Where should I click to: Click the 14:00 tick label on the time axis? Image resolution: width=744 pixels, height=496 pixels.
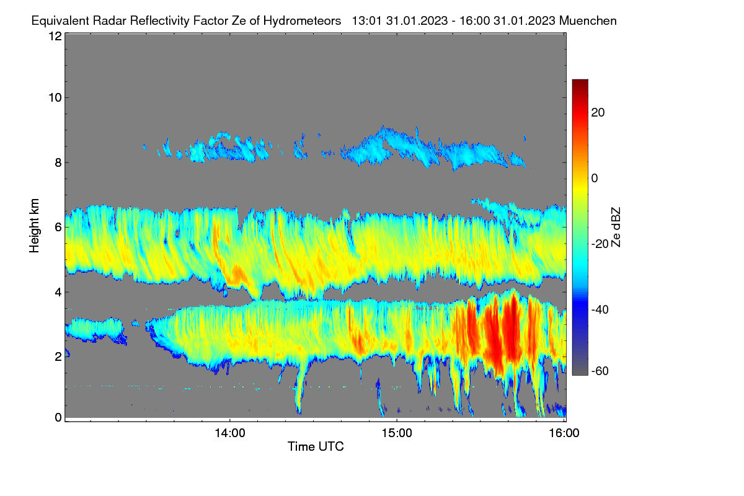click(230, 433)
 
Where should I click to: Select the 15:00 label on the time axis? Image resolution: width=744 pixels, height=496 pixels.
click(397, 433)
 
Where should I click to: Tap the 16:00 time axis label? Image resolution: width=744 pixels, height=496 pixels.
click(564, 433)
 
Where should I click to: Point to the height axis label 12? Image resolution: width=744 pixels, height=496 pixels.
click(55, 36)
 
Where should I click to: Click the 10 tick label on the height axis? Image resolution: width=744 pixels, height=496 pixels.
click(55, 98)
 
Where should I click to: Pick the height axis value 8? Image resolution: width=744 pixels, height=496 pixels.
click(58, 162)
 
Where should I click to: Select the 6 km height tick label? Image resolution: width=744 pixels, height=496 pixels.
click(58, 228)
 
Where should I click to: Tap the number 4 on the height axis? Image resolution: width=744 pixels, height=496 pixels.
click(58, 293)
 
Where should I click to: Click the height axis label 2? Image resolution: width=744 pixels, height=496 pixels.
click(58, 356)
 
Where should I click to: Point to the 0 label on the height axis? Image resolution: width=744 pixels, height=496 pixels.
click(58, 417)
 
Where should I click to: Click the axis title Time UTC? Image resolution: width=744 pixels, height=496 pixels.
click(316, 446)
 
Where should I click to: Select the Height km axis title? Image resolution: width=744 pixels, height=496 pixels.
click(34, 226)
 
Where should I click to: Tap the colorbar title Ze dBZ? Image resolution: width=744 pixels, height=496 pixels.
click(616, 228)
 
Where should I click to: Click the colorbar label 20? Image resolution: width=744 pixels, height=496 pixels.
click(598, 113)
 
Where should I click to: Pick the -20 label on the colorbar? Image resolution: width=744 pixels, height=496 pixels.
click(600, 244)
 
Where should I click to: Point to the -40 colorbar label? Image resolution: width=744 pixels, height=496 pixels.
click(600, 309)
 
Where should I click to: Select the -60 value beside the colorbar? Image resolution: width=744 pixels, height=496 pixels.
click(600, 371)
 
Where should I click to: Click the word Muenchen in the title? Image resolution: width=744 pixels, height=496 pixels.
click(588, 21)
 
